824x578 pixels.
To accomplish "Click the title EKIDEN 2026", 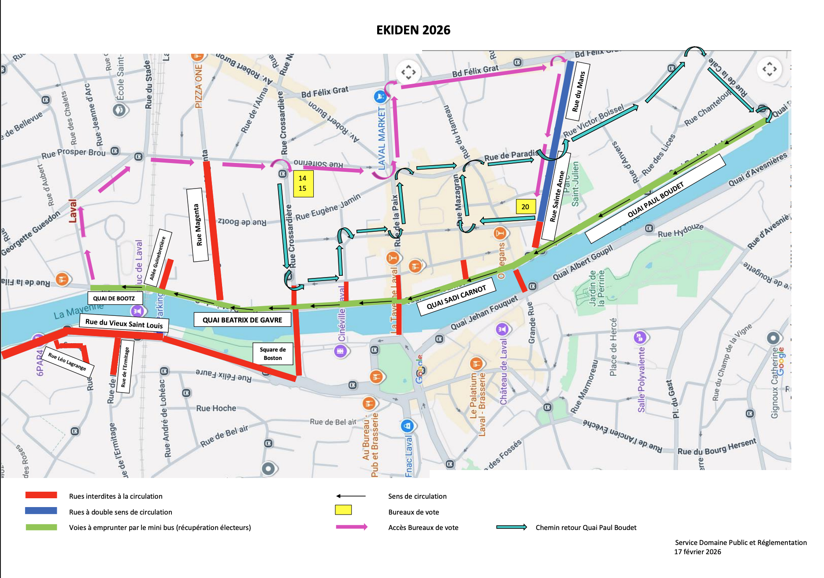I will pos(413,30).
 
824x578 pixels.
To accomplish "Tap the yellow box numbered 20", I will pos(525,207).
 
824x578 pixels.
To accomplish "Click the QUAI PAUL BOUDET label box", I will pos(655,199).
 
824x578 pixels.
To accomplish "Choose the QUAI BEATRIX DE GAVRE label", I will pos(242,320).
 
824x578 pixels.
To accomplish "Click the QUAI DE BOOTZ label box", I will pos(114,298).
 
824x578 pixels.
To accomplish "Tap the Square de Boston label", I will pos(273,353).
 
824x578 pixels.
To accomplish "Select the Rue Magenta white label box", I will pos(198,225).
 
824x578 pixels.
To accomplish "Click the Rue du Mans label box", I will pos(579,92).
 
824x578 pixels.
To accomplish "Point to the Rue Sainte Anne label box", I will pos(557,196).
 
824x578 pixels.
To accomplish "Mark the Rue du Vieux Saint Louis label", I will pos(124,324).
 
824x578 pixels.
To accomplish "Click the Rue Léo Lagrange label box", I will pos(67,361).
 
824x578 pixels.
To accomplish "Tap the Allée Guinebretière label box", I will pos(157,258).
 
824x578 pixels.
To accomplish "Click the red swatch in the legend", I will pos(41,495).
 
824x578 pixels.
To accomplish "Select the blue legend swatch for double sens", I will pos(41,511).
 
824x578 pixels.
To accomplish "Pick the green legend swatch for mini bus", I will pos(41,527).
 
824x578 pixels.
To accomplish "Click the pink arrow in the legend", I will pos(351,527).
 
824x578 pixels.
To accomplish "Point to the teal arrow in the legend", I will pos(511,527).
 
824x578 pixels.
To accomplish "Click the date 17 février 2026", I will pos(698,552).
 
